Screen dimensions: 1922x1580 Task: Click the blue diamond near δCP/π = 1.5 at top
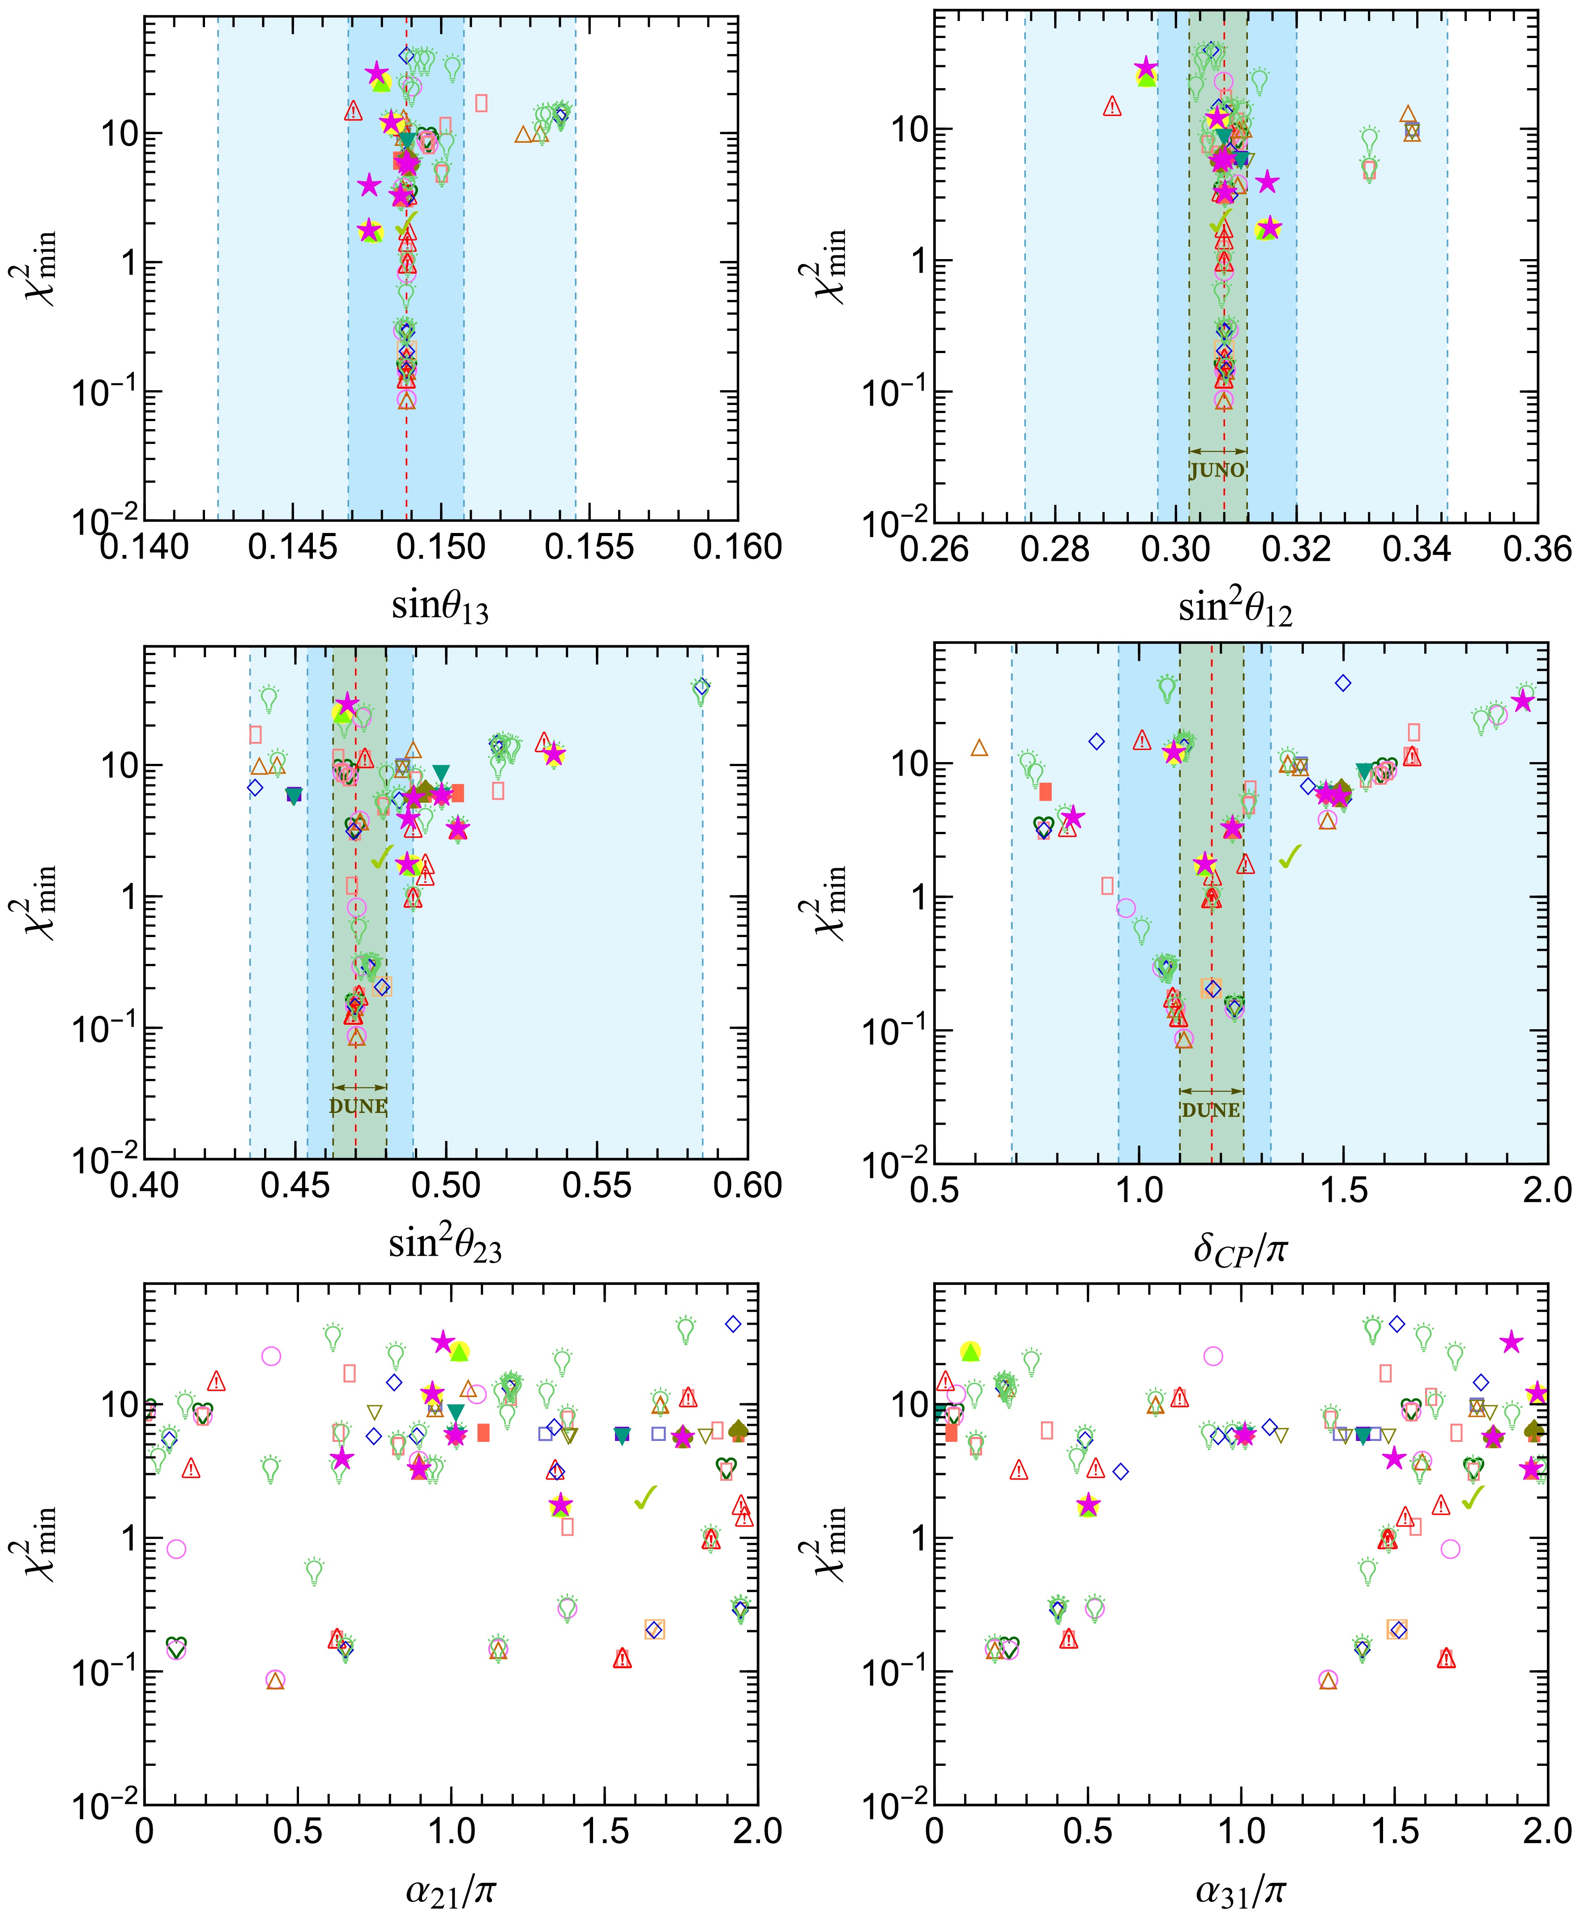tap(1342, 682)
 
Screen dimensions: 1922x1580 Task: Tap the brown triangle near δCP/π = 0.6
tap(979, 748)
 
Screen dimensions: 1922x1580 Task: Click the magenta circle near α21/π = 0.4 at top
tap(271, 1356)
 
